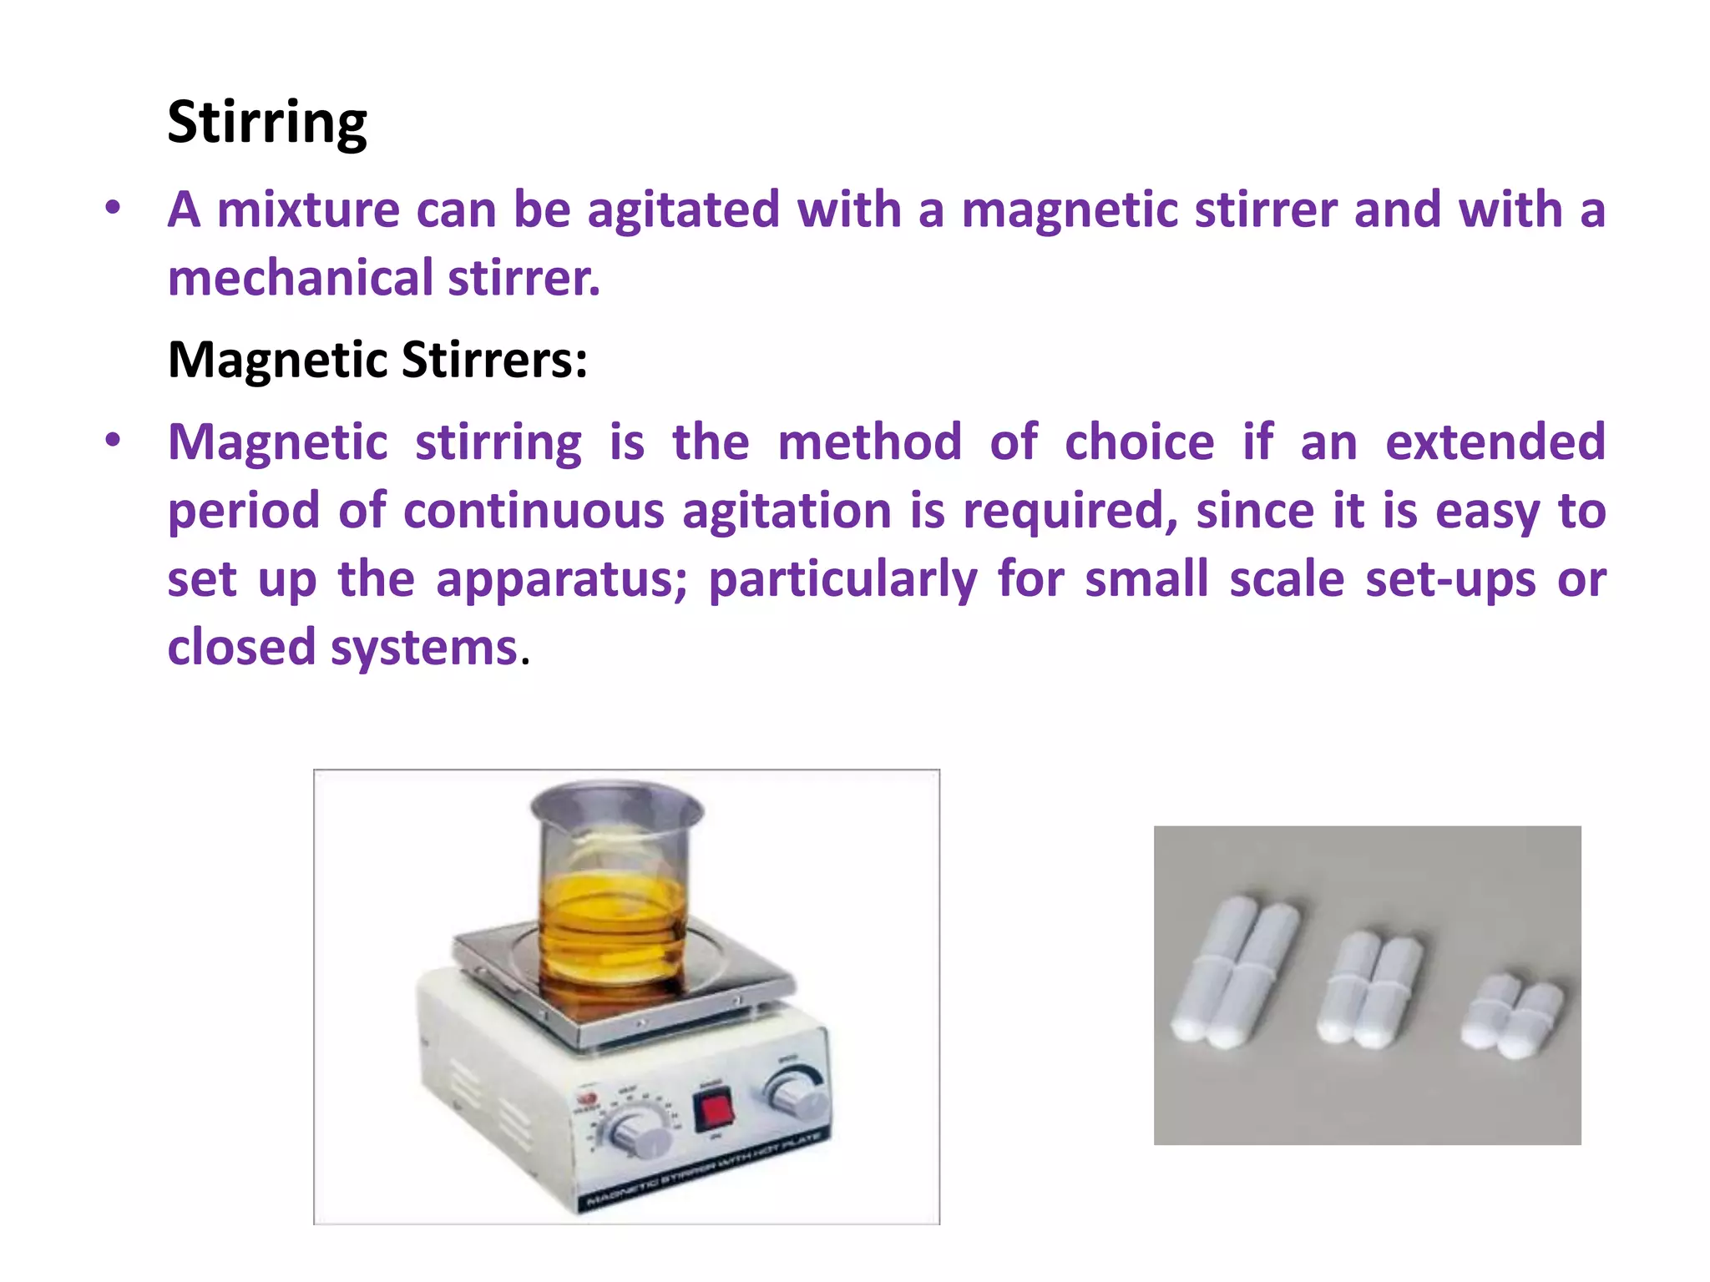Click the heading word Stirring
[266, 123]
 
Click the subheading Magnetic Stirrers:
[377, 360]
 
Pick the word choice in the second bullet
[1139, 442]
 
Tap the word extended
[1495, 442]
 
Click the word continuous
[534, 510]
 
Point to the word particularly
[842, 579]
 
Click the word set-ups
[1450, 579]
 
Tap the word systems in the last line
[424, 648]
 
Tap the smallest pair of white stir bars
[1512, 1015]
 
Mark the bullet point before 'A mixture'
[114, 209]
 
